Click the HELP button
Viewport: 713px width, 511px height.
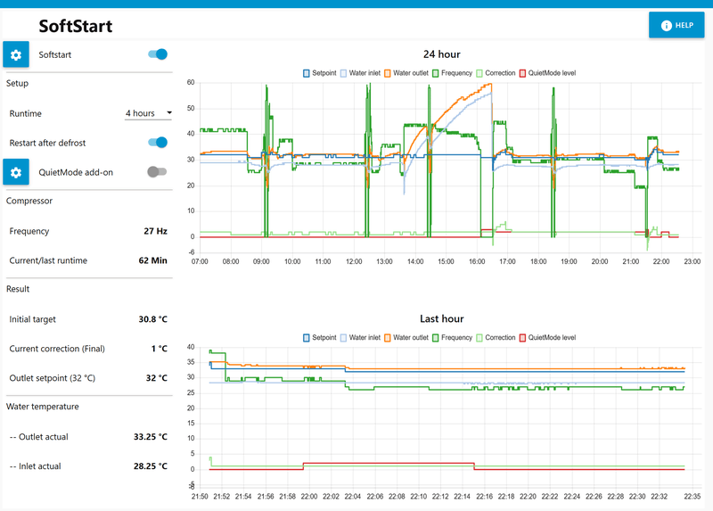[x=676, y=25]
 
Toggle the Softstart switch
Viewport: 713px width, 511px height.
[x=158, y=54]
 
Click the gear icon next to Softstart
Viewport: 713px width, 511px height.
[x=16, y=54]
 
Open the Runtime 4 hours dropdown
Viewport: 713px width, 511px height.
[x=148, y=113]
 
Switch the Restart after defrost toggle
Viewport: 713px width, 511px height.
[x=158, y=143]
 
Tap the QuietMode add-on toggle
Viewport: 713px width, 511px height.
[x=157, y=172]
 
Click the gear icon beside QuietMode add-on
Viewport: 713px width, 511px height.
[x=16, y=172]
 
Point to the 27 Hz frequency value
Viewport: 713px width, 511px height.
[x=155, y=231]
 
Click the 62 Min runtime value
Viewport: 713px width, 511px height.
[x=152, y=260]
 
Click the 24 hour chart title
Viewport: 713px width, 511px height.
[x=441, y=54]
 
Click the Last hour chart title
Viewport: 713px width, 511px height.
[x=441, y=318]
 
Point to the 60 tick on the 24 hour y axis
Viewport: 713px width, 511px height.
[x=191, y=83]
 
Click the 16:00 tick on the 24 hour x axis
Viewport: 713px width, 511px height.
[x=477, y=262]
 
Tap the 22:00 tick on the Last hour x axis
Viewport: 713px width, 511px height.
[x=308, y=496]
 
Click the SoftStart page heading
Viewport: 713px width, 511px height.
[x=75, y=26]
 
